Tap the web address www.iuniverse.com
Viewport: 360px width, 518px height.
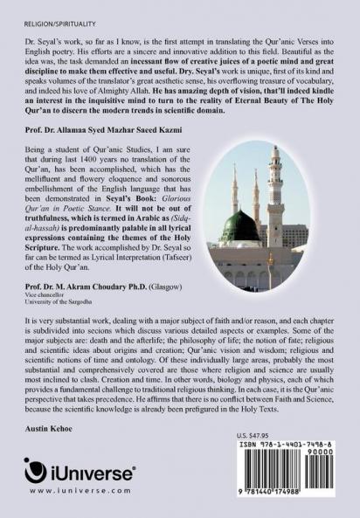pos(81,492)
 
